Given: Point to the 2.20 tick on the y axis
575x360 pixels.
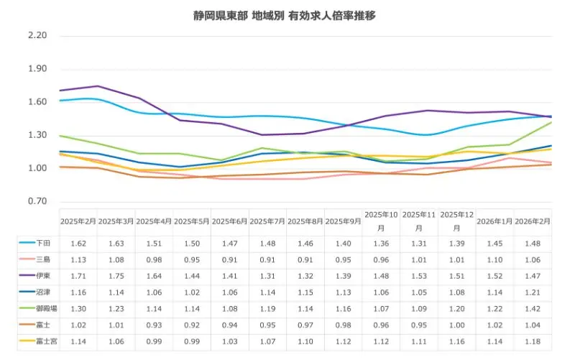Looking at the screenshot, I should [37, 36].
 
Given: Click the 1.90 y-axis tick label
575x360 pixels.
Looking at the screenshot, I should [37, 69].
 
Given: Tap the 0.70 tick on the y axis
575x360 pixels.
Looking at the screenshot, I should [37, 201].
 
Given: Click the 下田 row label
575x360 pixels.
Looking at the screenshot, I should [42, 244].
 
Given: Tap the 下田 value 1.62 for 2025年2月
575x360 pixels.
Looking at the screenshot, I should [78, 244].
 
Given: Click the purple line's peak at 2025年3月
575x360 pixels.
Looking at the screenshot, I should [97, 86].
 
